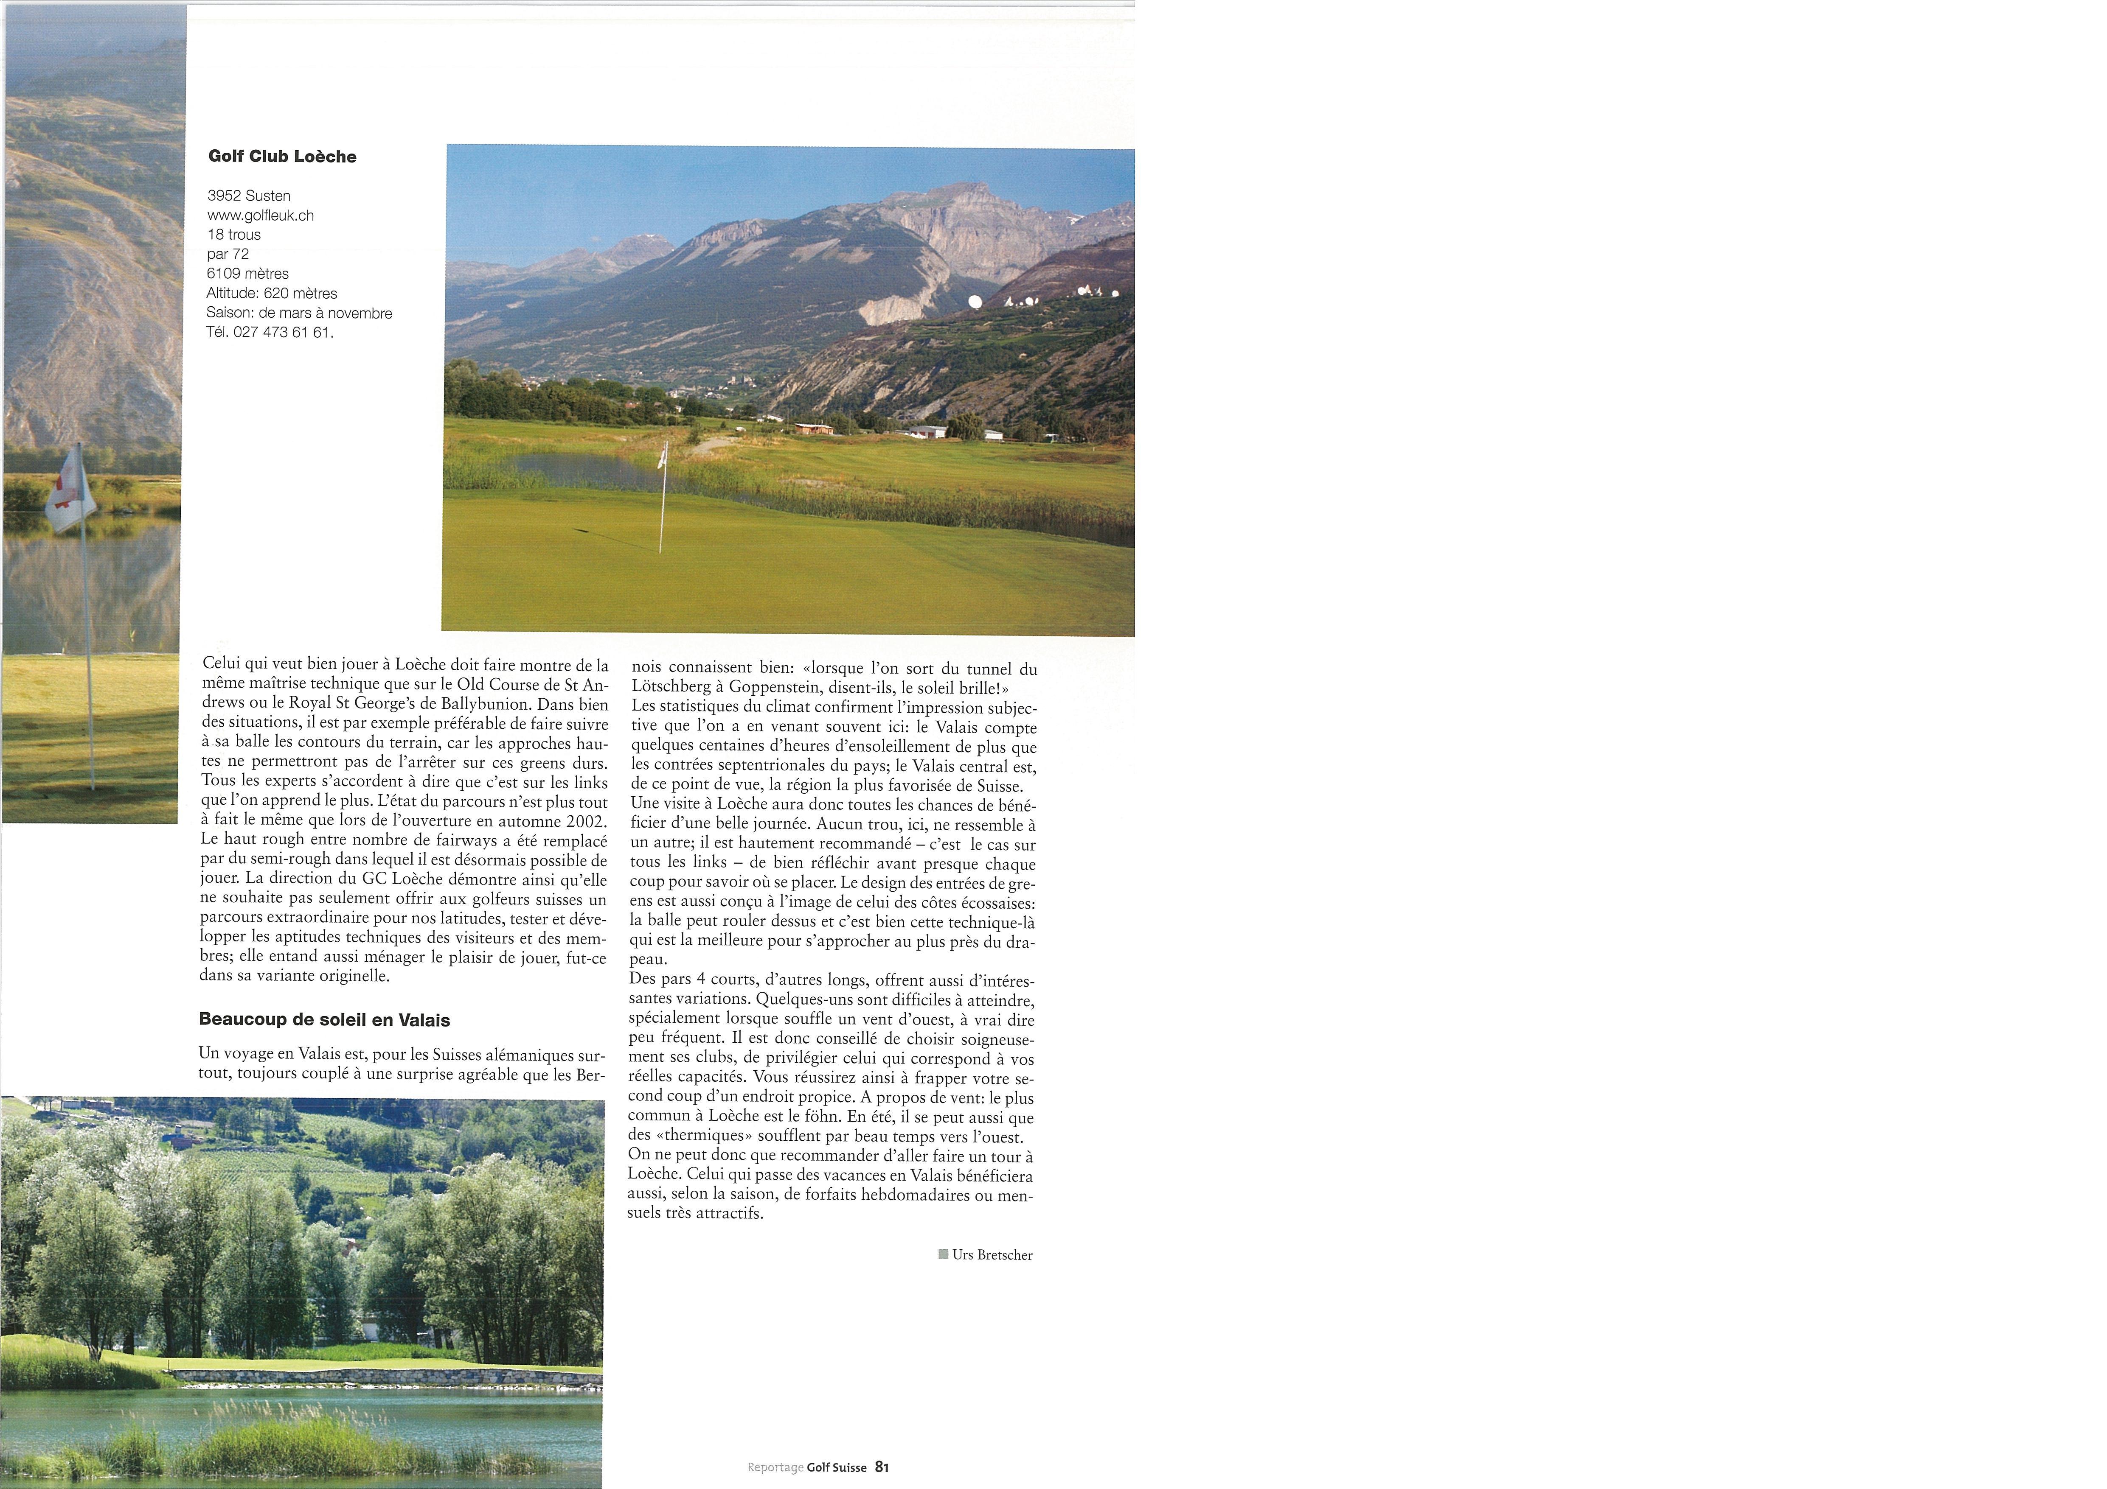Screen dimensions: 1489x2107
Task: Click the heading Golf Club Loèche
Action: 282,157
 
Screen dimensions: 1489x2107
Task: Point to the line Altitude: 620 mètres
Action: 272,294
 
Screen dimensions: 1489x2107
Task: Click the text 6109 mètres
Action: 248,273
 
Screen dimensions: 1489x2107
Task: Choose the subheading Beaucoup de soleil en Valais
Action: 324,1020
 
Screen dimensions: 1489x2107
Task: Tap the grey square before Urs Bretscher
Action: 944,1254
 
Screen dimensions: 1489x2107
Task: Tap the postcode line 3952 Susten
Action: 249,196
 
